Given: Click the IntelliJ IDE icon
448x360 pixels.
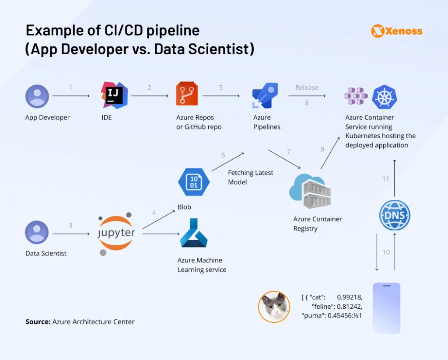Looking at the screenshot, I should [114, 95].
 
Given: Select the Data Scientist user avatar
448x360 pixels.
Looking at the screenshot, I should [37, 232].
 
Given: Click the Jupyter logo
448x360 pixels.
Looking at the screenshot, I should [116, 233].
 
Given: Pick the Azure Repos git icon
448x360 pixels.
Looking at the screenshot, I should [187, 94].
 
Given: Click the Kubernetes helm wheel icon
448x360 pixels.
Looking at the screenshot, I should [384, 97].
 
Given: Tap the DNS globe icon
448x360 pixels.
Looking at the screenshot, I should [395, 216].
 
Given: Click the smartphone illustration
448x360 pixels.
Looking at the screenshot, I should [386, 308].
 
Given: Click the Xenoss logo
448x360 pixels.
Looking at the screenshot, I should [397, 31].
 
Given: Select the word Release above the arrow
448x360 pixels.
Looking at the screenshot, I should [307, 87].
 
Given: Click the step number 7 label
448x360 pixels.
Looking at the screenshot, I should [288, 152].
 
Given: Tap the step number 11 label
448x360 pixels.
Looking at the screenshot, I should [385, 178].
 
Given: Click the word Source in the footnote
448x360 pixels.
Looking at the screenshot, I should [38, 322].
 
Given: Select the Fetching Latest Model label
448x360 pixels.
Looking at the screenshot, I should [250, 177].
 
